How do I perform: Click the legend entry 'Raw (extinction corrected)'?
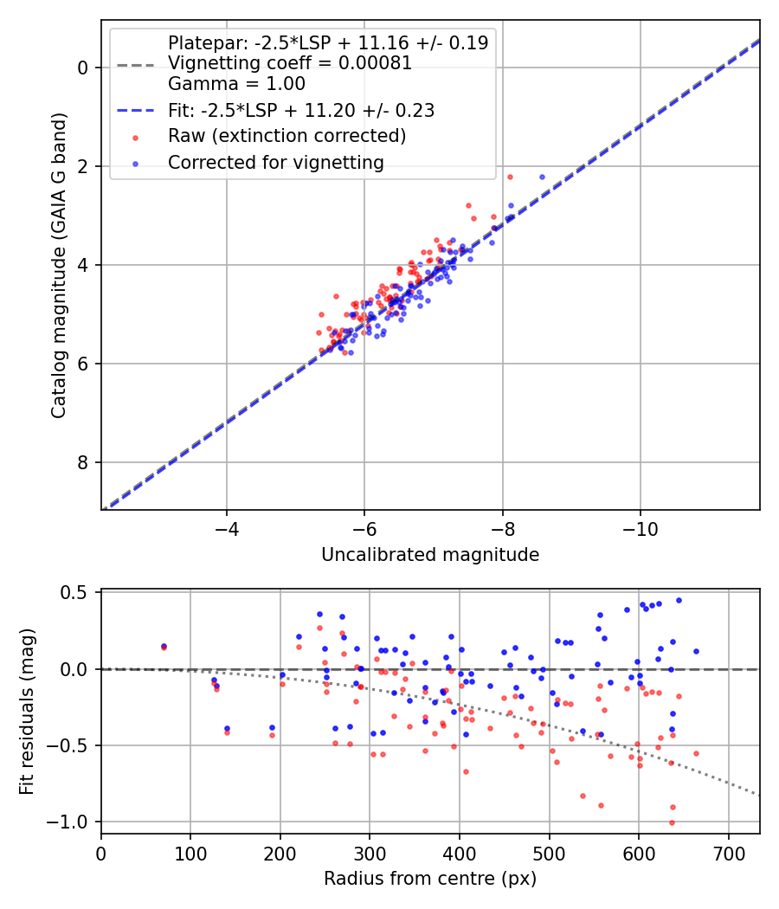(x=286, y=136)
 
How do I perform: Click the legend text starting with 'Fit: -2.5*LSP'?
(x=301, y=110)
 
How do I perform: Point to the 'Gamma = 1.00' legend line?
(x=236, y=84)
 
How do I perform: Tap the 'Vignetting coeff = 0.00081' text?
(x=290, y=63)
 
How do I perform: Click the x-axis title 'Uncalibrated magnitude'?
(x=430, y=555)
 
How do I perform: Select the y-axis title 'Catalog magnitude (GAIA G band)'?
(x=59, y=264)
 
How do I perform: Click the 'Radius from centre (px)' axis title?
(x=430, y=879)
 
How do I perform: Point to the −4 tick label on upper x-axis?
(x=227, y=528)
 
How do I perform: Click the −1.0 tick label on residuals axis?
(x=73, y=822)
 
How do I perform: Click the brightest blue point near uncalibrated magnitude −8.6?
(x=542, y=177)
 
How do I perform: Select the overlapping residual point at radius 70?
(x=164, y=647)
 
